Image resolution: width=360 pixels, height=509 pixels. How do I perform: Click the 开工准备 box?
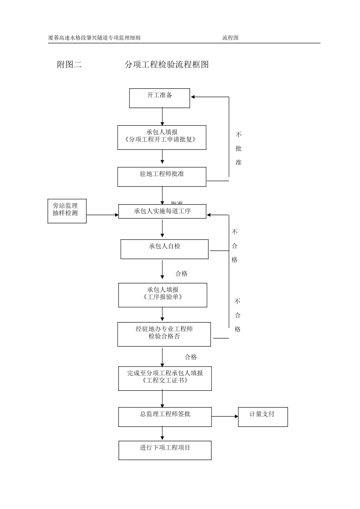tap(160, 98)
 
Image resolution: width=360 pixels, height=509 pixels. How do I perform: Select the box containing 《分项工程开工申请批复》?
tap(162, 137)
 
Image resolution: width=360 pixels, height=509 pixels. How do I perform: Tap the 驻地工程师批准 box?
tap(162, 176)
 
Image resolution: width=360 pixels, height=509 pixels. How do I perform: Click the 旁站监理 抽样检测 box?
tap(67, 211)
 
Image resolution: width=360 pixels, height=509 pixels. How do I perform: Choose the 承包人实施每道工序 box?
tap(162, 211)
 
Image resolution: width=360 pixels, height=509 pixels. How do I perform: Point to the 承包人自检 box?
tap(164, 249)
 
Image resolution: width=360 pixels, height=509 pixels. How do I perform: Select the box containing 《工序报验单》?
tap(163, 295)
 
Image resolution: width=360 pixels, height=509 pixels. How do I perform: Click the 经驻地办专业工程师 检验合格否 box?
tap(164, 334)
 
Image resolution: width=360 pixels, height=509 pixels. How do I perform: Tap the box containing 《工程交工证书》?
tap(165, 378)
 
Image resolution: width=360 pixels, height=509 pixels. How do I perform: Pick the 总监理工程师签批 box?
tap(165, 417)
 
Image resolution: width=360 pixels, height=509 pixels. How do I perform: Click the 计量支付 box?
tap(263, 417)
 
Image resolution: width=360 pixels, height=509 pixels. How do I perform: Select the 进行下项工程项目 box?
tap(165, 450)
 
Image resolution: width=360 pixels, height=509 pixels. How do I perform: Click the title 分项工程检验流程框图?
tap(167, 65)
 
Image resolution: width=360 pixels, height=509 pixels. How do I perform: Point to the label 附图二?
tap(69, 65)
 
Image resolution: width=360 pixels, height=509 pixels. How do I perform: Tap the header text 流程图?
tap(230, 38)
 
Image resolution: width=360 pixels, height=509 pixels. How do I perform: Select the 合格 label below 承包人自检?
tap(182, 274)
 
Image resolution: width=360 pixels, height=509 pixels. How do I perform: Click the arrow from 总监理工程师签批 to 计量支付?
tap(225, 417)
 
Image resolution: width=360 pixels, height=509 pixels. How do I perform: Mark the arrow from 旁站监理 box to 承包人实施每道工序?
tap(102, 215)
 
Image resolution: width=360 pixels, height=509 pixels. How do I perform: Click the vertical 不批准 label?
tap(238, 148)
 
